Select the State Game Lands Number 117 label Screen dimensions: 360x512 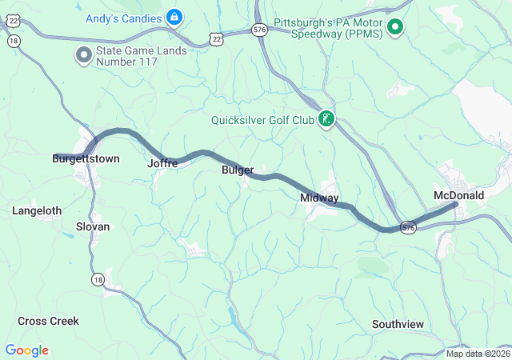pyautogui.click(x=142, y=56)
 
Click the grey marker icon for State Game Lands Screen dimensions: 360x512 pyautogui.click(x=83, y=55)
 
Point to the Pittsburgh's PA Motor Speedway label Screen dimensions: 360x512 pyautogui.click(x=328, y=29)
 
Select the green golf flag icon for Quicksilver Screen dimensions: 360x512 pyautogui.click(x=326, y=120)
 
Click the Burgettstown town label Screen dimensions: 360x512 pyautogui.click(x=86, y=158)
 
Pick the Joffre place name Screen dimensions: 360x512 pyautogui.click(x=162, y=163)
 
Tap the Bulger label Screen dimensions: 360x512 pyautogui.click(x=238, y=170)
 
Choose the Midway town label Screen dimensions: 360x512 pyautogui.click(x=319, y=198)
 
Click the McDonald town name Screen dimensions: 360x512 pyautogui.click(x=458, y=195)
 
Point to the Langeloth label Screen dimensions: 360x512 pyautogui.click(x=37, y=210)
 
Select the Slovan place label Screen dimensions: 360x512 pyautogui.click(x=93, y=226)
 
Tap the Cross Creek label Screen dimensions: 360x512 pyautogui.click(x=49, y=321)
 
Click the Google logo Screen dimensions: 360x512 pyautogui.click(x=26, y=350)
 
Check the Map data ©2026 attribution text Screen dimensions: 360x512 pyautogui.click(x=477, y=354)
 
